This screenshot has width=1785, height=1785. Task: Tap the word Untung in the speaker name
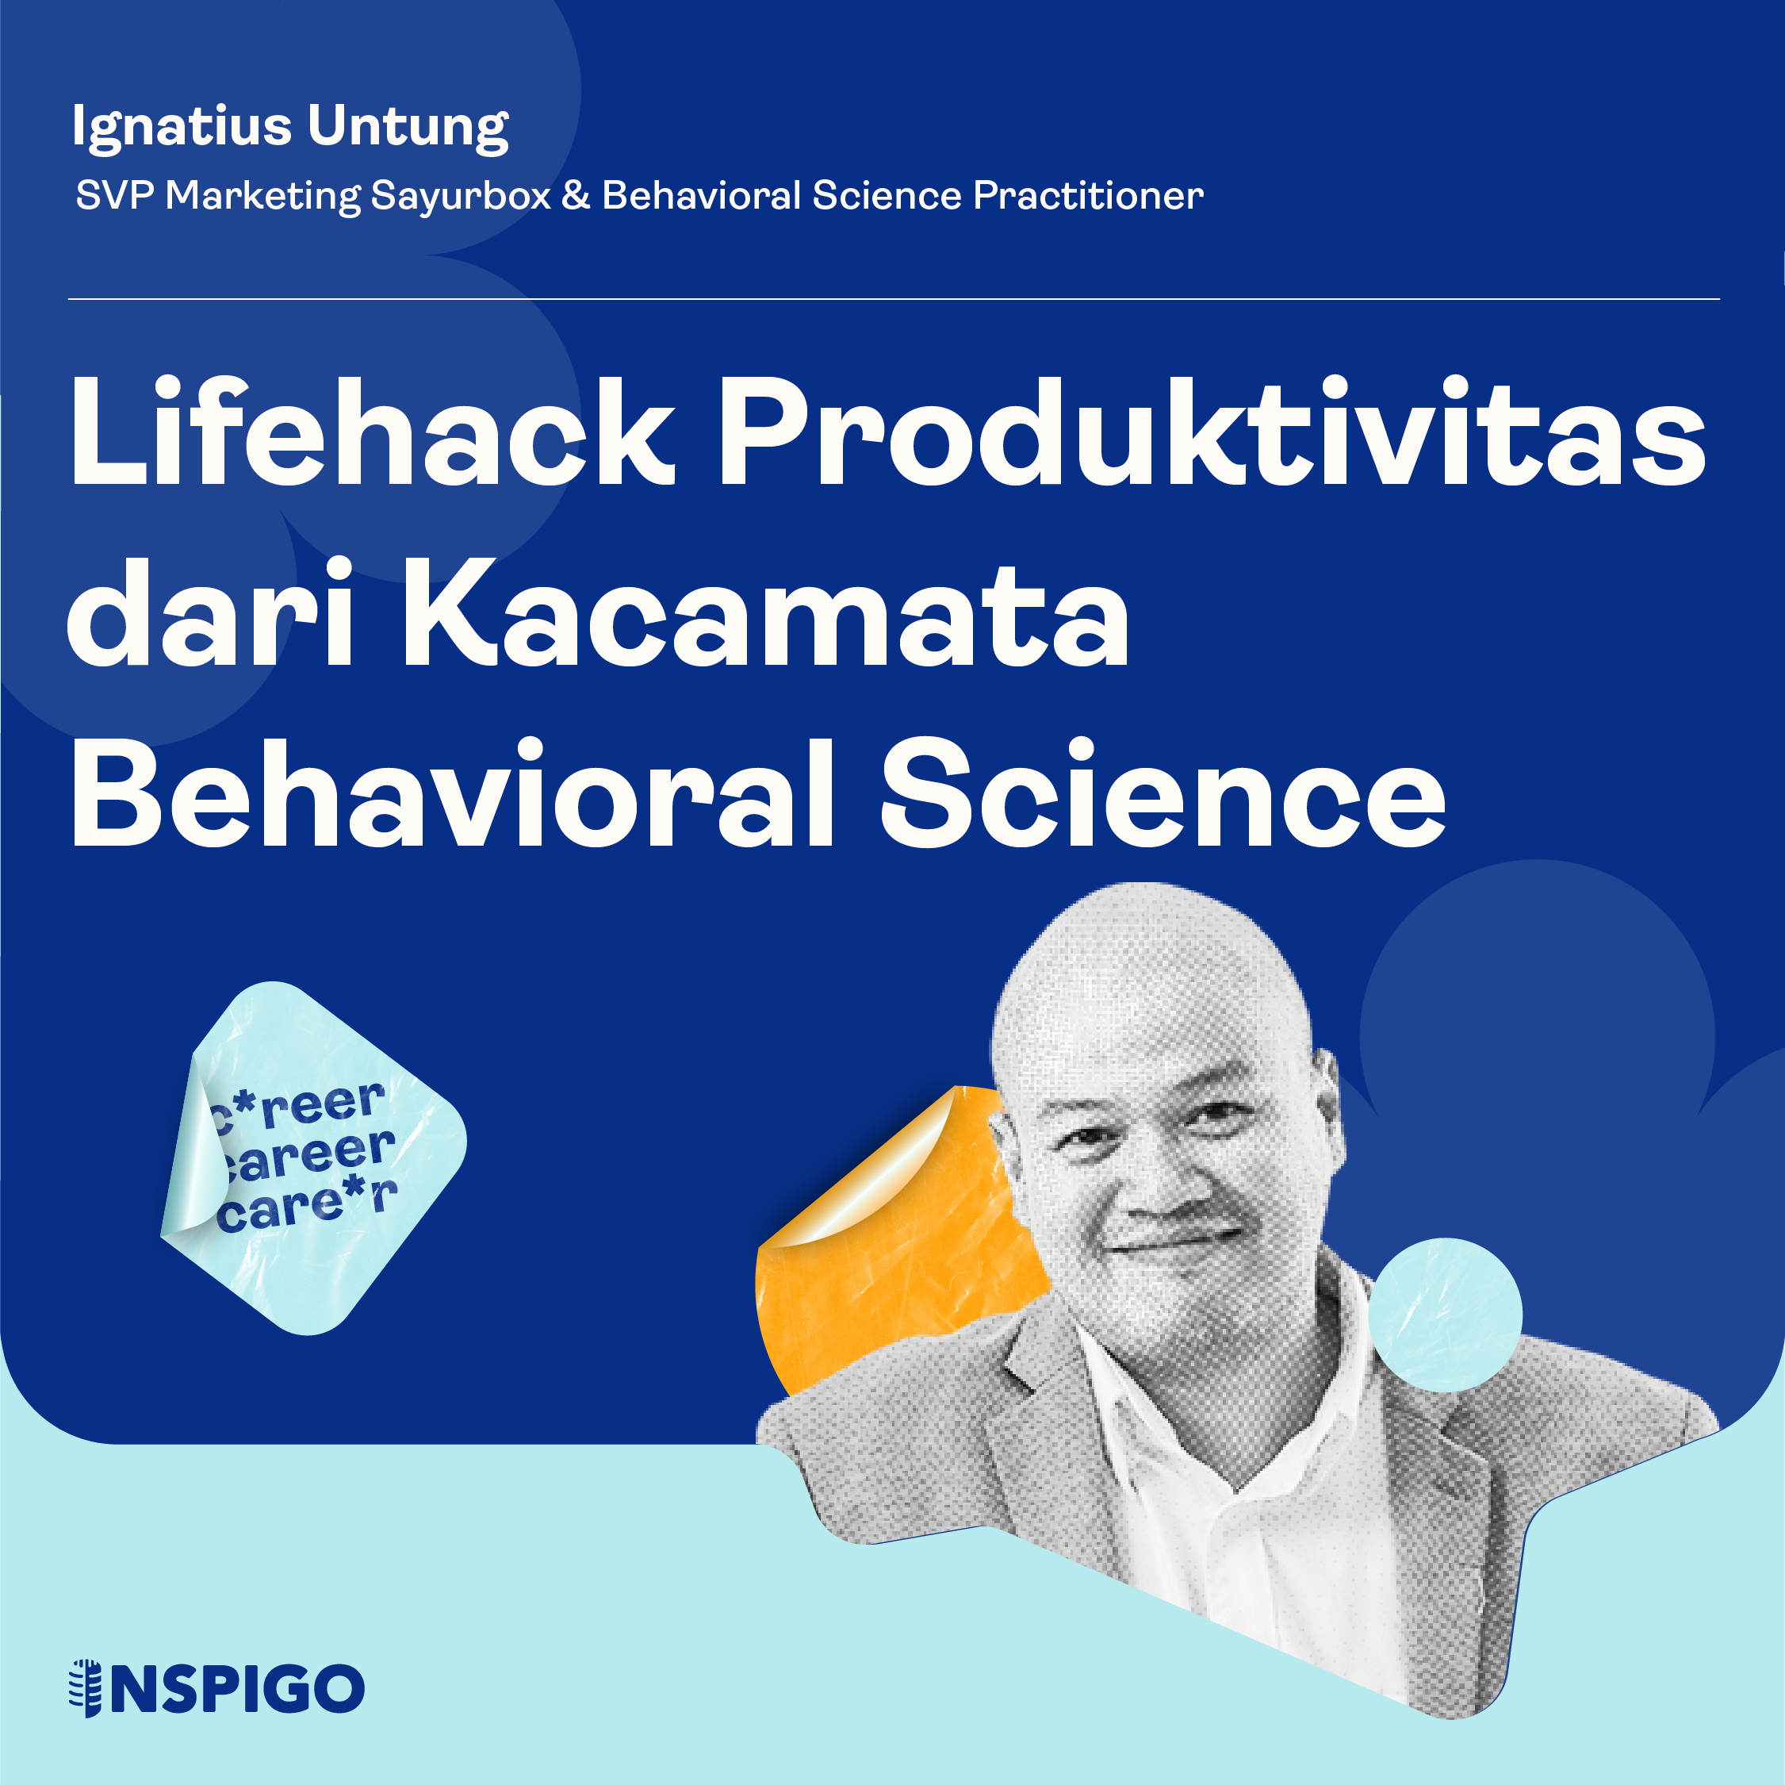(408, 127)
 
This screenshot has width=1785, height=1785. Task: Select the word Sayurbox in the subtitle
(461, 196)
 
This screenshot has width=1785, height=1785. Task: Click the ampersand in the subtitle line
(576, 195)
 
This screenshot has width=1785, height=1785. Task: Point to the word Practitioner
(1089, 195)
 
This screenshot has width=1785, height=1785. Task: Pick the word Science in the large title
(1163, 793)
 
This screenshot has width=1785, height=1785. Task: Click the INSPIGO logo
(217, 1689)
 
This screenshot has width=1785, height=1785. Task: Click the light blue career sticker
(312, 1158)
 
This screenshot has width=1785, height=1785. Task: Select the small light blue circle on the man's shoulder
(1445, 1315)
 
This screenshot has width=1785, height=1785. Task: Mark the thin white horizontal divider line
(894, 298)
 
